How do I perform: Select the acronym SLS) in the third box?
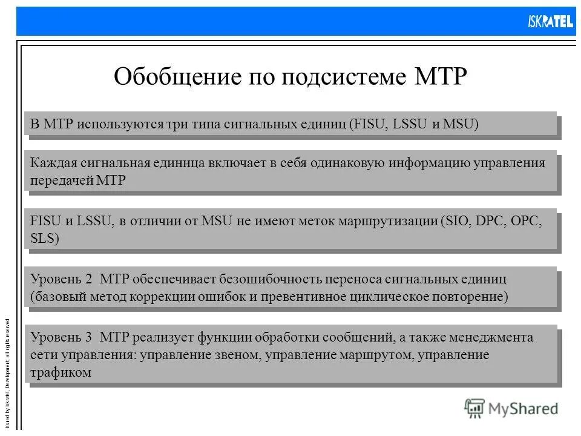point(45,238)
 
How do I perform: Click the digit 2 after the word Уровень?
point(88,280)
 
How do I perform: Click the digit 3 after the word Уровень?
point(88,338)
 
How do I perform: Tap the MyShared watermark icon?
point(474,409)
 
